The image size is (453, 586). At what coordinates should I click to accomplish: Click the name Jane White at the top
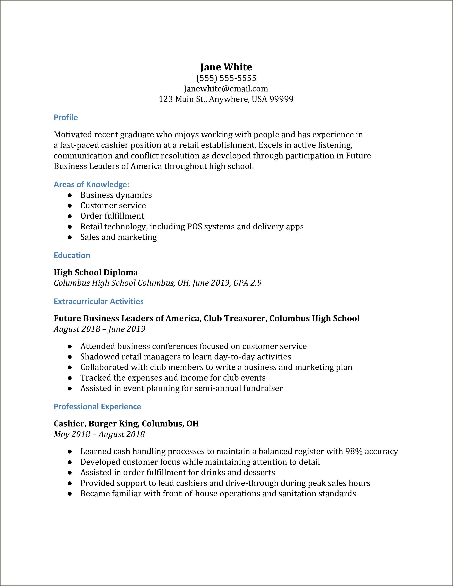click(226, 67)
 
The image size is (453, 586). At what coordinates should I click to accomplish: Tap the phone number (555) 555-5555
click(226, 78)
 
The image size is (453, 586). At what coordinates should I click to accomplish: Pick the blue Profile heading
click(66, 118)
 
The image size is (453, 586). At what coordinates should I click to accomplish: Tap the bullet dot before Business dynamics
click(70, 195)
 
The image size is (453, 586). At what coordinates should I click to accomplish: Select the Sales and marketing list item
click(119, 237)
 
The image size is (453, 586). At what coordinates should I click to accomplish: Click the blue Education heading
click(72, 255)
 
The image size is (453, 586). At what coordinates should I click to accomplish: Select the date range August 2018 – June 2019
click(99, 329)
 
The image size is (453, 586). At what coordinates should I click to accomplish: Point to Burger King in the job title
click(113, 424)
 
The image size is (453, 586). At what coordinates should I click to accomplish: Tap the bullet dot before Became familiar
click(70, 494)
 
